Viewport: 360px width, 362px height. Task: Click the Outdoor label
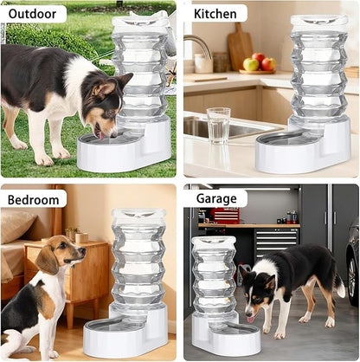tap(35, 14)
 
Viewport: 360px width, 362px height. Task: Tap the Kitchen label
tap(215, 14)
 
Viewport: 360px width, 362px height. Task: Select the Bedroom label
tap(35, 198)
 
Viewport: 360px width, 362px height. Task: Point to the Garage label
tap(216, 198)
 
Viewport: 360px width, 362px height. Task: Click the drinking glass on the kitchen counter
tap(219, 125)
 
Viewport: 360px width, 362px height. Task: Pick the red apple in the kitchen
tap(268, 63)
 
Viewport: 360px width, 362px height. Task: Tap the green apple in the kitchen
tap(252, 63)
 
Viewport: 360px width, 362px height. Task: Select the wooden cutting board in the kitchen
tap(241, 48)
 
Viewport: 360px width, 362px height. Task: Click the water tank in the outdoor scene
tap(141, 69)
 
